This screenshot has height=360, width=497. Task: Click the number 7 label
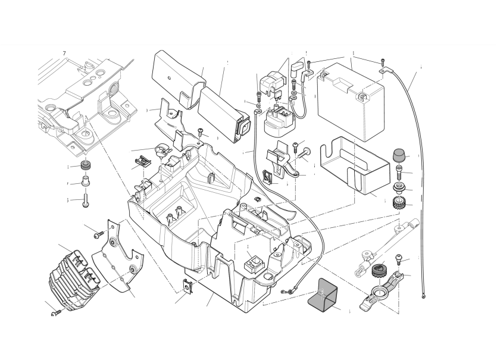64,54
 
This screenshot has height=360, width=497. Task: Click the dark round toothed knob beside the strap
376,271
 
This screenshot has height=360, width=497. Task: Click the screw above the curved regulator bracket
98,234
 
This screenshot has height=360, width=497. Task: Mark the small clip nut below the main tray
188,287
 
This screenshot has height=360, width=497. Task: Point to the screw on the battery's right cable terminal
382,61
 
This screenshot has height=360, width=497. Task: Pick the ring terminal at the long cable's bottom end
423,296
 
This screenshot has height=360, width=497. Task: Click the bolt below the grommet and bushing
85,199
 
